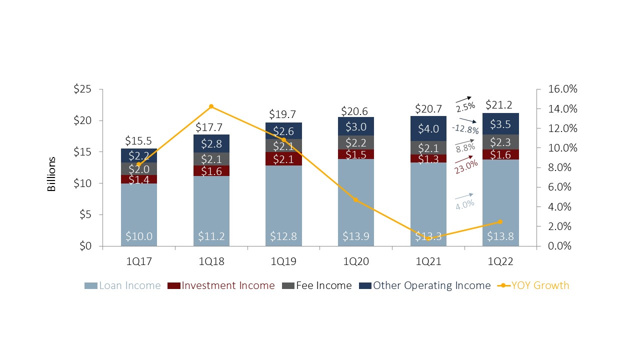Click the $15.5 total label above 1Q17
coord(138,141)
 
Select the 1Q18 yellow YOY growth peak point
coord(211,106)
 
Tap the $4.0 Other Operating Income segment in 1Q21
coord(428,128)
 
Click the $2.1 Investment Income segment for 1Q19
coord(283,158)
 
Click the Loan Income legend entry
coord(123,285)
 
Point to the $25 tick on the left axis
coord(82,89)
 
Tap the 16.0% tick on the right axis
coord(563,89)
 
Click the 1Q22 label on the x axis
coord(500,260)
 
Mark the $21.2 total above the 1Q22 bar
coord(500,105)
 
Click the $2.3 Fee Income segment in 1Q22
coord(500,141)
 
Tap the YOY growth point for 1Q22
coord(500,221)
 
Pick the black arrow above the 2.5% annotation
coord(463,98)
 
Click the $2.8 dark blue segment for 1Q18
coord(211,143)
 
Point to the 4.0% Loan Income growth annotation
coord(464,204)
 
